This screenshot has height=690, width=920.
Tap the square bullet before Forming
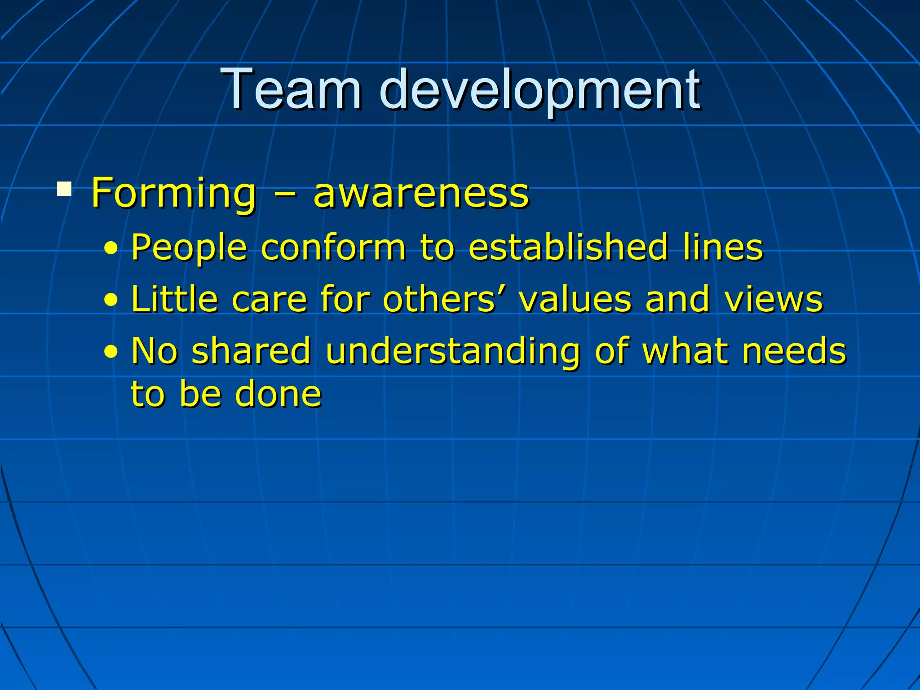tap(64, 189)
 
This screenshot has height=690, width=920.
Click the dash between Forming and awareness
tap(284, 194)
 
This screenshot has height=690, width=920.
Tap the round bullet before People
tap(111, 248)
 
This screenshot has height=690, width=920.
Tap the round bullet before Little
tap(111, 300)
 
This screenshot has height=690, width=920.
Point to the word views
tap(774, 299)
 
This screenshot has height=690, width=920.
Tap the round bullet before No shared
tap(111, 352)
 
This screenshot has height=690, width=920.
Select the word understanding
tap(452, 351)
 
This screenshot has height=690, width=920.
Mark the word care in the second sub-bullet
tap(269, 299)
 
